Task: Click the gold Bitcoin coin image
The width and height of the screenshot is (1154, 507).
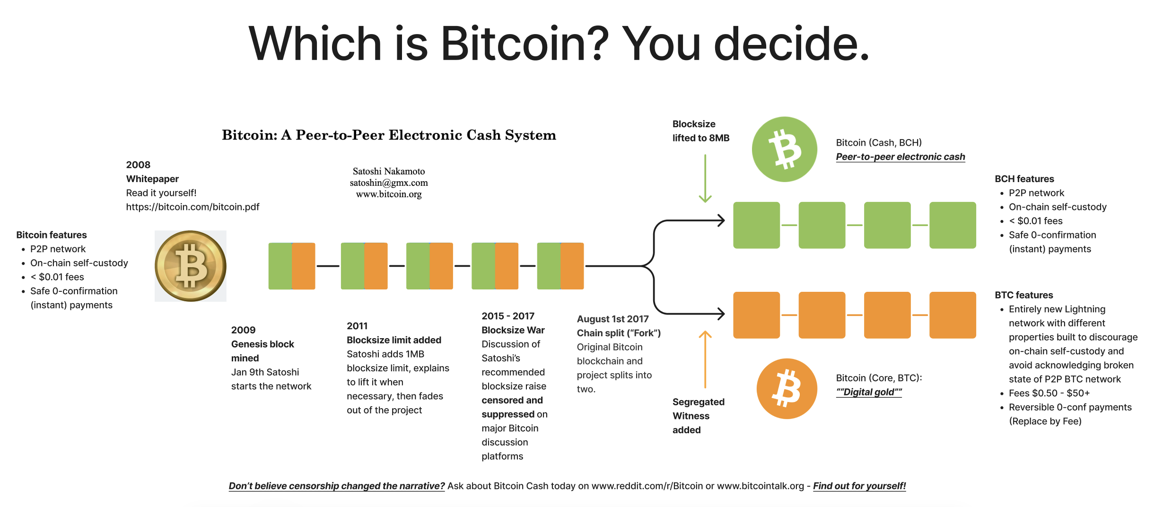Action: (x=191, y=266)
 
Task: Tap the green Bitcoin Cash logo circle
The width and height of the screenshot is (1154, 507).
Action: (x=785, y=149)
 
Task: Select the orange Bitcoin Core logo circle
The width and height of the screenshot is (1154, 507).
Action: (x=787, y=388)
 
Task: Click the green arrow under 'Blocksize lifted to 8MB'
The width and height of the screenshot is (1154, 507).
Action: (x=705, y=179)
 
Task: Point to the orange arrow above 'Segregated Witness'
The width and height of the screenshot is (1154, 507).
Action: (x=705, y=359)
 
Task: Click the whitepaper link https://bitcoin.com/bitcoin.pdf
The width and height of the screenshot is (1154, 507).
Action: (x=192, y=207)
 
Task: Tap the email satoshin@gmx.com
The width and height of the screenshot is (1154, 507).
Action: (x=389, y=183)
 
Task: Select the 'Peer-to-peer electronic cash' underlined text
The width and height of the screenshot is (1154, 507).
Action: (x=900, y=157)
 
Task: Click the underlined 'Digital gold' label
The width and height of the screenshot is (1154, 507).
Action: (x=869, y=392)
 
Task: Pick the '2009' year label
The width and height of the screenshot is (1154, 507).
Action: (x=243, y=330)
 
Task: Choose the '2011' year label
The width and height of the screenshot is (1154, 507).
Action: (x=357, y=326)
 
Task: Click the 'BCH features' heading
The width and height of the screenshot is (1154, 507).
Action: (x=1024, y=179)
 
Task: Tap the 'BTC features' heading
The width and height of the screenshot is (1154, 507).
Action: (x=1024, y=295)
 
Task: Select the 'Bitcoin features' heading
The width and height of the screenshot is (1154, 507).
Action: (x=52, y=235)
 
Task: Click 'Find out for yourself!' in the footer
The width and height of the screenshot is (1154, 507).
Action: (x=859, y=486)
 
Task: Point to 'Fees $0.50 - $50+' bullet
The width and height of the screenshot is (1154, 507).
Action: (x=1049, y=393)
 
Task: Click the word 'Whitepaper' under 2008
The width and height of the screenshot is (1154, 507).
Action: (x=152, y=179)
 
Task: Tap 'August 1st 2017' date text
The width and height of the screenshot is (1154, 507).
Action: (x=612, y=319)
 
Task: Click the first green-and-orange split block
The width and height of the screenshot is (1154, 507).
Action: (x=292, y=266)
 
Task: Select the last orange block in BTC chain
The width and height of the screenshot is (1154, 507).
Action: (x=953, y=315)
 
